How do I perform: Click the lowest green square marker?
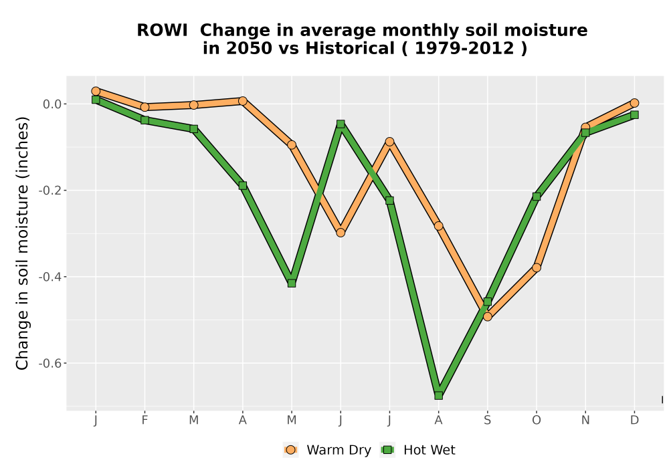point(438,396)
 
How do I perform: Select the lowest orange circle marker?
point(487,316)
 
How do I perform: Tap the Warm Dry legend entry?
point(327,450)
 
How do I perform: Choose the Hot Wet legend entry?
point(417,450)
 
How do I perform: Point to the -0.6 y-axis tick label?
point(50,363)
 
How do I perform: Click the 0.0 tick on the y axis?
point(52,104)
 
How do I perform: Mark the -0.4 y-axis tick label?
point(50,277)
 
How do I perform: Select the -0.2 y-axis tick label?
point(50,190)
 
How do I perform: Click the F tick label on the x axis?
point(145,421)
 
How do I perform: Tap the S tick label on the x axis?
point(487,421)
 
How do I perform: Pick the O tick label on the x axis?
point(537,421)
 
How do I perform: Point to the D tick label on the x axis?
point(634,421)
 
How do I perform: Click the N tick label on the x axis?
point(585,421)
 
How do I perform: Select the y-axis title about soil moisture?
point(22,243)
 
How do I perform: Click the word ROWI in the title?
point(162,30)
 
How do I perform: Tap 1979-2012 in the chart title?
point(464,48)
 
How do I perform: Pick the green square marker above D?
point(634,114)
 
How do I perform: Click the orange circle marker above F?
point(145,106)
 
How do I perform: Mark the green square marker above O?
point(537,197)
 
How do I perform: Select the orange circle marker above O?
point(537,267)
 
